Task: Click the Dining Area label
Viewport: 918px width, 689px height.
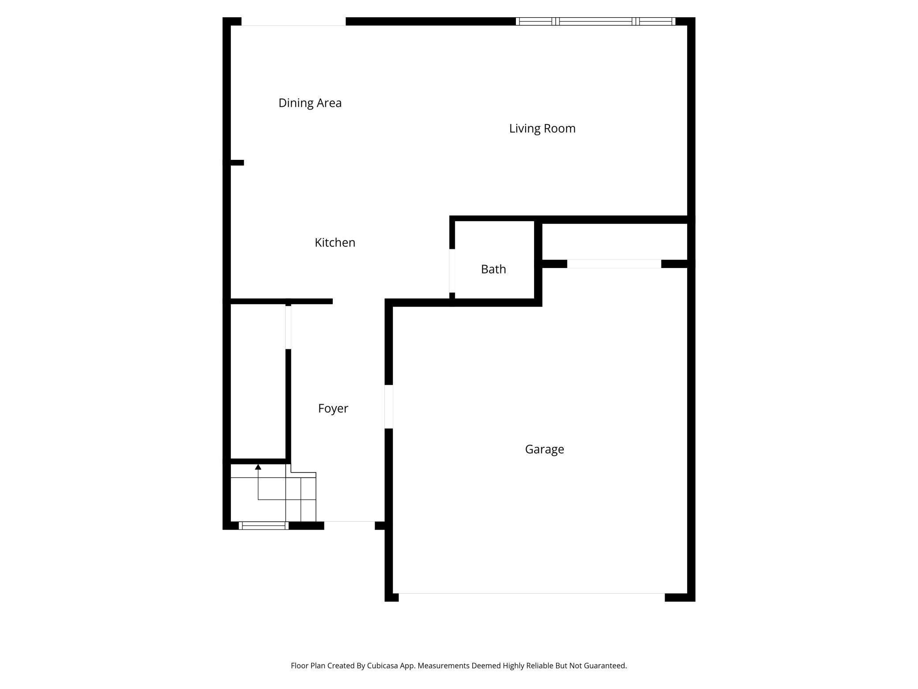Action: click(x=310, y=103)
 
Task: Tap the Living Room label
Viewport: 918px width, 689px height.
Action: click(x=542, y=129)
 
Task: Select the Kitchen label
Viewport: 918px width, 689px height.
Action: click(x=335, y=242)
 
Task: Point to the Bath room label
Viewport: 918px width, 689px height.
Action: click(x=493, y=269)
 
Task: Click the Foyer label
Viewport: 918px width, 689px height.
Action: click(x=333, y=409)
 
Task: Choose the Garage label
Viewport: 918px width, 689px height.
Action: click(x=544, y=449)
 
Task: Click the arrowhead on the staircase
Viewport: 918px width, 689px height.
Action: click(x=258, y=467)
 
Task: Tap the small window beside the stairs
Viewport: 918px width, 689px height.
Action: click(x=263, y=526)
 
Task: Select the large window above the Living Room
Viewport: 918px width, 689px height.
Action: click(x=595, y=21)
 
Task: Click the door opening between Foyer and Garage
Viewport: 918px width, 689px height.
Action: click(x=389, y=407)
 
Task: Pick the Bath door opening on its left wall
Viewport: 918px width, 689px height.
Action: click(x=452, y=271)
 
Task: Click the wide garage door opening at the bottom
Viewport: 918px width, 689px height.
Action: click(x=531, y=596)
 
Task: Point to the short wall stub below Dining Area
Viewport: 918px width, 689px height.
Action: click(x=237, y=163)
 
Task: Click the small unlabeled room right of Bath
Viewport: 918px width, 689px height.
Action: click(x=614, y=242)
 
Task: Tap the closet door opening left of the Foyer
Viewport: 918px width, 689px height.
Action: click(x=288, y=327)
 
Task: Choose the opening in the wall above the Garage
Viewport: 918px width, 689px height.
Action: click(x=614, y=264)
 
